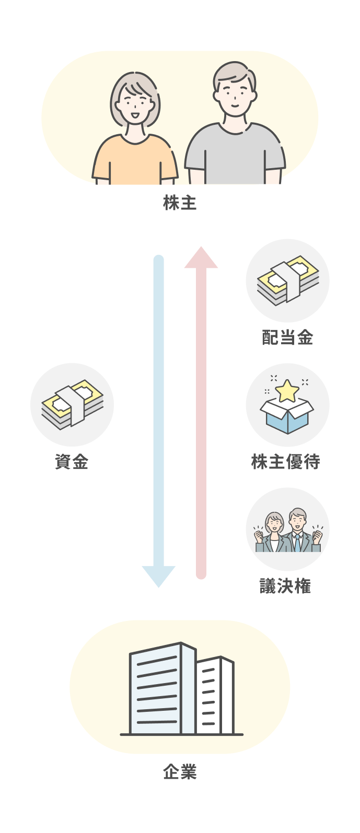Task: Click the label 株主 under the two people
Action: coord(180,203)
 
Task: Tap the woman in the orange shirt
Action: coord(135,136)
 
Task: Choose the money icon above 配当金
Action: coord(287,280)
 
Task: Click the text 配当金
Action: coord(287,338)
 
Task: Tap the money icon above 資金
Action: coord(72,404)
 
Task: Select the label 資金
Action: coord(72,462)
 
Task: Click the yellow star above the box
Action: coord(287,391)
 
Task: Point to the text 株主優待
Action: coord(285,462)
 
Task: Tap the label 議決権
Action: coord(285,586)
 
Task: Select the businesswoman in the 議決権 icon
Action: coord(274,534)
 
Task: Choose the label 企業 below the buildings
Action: coord(180,772)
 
